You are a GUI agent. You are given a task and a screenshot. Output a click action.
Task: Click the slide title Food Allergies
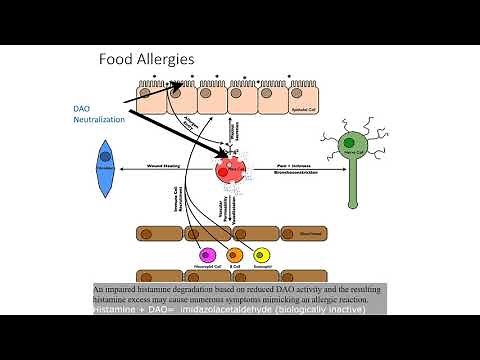click(145, 59)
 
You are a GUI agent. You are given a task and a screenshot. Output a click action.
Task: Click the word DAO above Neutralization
click(83, 108)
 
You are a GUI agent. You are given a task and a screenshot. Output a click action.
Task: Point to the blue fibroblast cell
click(103, 166)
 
